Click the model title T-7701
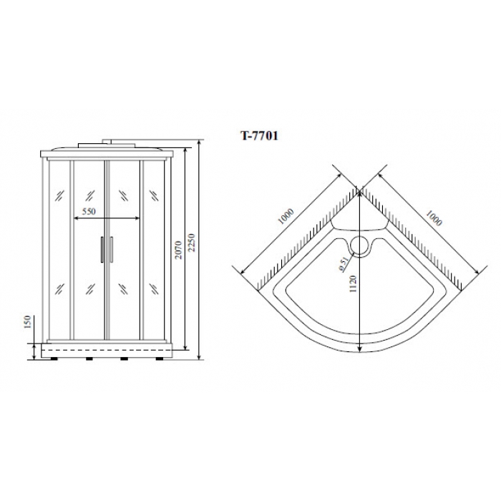coord(259,136)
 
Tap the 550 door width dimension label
coord(89,211)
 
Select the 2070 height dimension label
coord(178,250)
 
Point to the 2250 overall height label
coord(191,243)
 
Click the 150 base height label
coord(27,322)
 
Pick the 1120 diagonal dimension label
coord(353,284)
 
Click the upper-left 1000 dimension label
coord(286,216)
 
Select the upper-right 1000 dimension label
coord(434,218)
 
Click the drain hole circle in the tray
coord(360,245)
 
